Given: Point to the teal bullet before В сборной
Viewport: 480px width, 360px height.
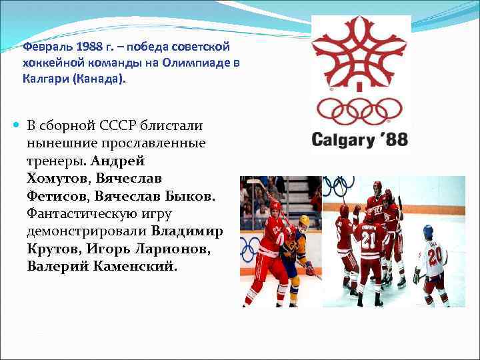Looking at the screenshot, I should pyautogui.click(x=17, y=125).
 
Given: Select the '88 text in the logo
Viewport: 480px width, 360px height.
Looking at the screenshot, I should pyautogui.click(x=394, y=141).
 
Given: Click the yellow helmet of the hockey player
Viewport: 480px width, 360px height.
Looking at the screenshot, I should pyautogui.click(x=304, y=221).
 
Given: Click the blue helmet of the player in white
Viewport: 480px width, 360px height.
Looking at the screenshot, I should pyautogui.click(x=428, y=230).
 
